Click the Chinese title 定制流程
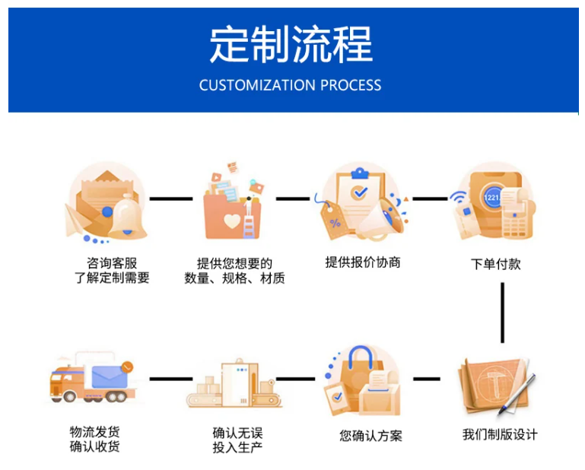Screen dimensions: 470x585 (x=291, y=44)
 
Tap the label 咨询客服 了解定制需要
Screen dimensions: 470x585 (x=112, y=271)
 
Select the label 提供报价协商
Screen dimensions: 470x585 (x=363, y=262)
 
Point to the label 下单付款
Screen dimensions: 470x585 (x=496, y=264)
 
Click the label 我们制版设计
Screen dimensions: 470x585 (x=500, y=434)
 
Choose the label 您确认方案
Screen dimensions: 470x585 (x=370, y=436)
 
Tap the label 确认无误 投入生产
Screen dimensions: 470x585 (x=237, y=440)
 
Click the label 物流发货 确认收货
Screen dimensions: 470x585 (x=94, y=439)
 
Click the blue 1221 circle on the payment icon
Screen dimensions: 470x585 (x=494, y=196)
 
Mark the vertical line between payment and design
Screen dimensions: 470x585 (x=502, y=313)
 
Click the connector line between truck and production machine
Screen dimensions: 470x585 (x=170, y=378)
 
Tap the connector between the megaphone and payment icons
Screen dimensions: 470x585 (x=430, y=199)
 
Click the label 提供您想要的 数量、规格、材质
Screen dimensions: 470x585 (x=234, y=271)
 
